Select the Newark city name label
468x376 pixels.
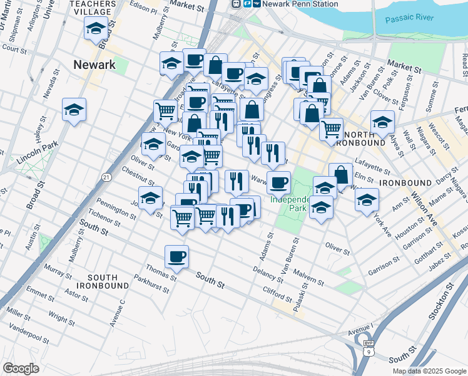tap(94, 65)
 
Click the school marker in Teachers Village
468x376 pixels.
tap(96, 28)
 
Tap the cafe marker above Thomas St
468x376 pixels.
tap(177, 256)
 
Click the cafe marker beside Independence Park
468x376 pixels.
tap(278, 182)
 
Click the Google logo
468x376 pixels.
tap(21, 368)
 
